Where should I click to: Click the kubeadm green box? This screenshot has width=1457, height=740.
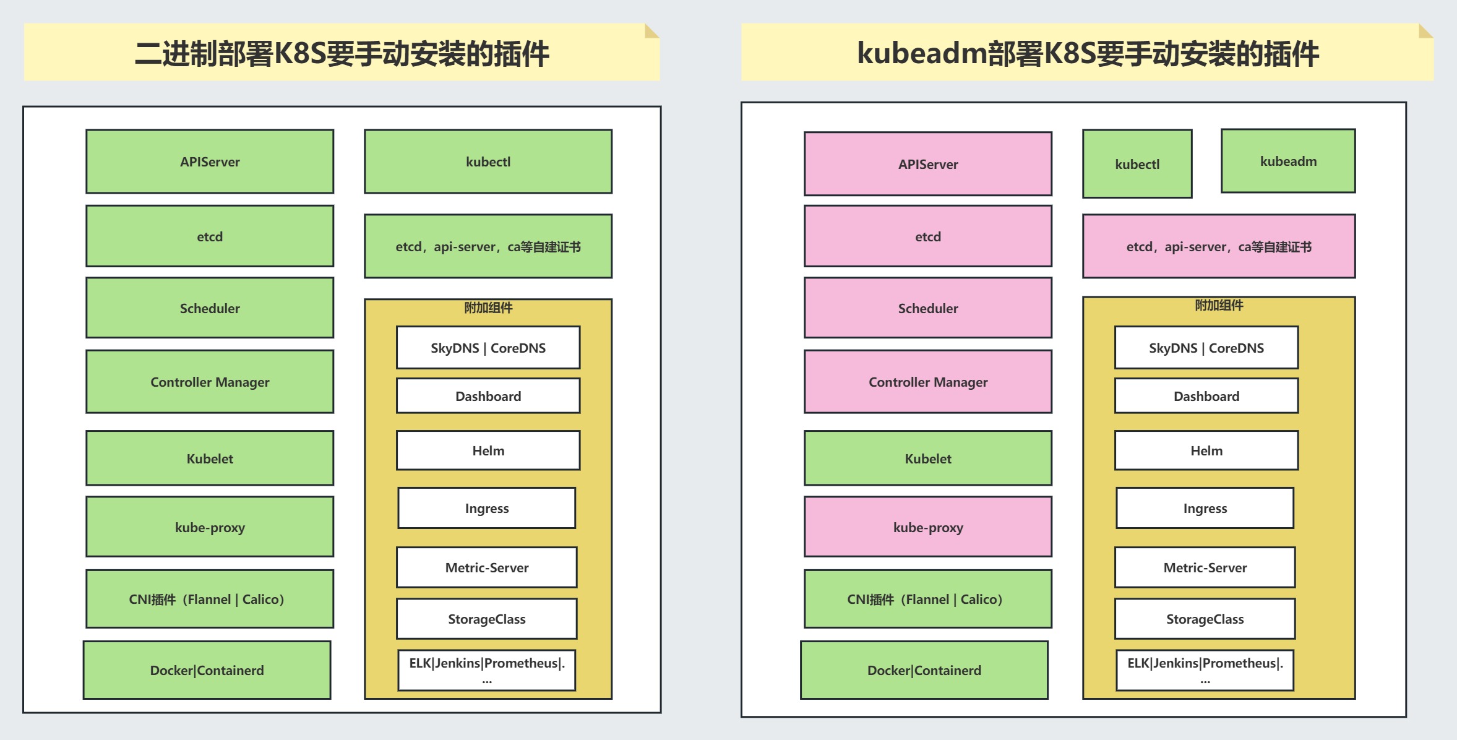point(1288,161)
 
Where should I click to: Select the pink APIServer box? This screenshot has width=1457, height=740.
point(927,164)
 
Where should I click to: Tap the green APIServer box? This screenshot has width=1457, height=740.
point(210,161)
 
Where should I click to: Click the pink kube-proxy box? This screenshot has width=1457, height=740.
point(927,527)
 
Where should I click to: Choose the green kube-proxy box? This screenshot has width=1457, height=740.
point(210,527)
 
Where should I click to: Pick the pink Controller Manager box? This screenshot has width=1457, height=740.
point(927,382)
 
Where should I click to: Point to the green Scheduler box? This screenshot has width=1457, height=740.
point(210,308)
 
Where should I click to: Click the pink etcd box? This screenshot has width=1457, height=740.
point(927,236)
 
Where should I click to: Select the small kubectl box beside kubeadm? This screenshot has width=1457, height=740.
point(1137,164)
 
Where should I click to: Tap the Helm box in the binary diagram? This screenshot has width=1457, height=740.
point(488,450)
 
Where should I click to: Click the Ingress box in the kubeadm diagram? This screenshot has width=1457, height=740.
point(1205,508)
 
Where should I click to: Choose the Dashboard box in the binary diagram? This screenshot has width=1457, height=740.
point(488,396)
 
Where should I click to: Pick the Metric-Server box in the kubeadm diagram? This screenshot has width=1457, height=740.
point(1205,567)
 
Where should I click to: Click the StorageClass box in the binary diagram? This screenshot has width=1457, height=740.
point(487,619)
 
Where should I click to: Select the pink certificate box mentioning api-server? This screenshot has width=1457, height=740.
point(1219,247)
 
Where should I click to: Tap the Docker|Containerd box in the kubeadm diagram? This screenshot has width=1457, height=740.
point(924,670)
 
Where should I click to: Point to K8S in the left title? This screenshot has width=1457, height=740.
point(299,53)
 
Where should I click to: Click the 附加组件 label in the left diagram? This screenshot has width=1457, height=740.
point(488,308)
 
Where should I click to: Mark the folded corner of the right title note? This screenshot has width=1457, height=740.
point(1425,30)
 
